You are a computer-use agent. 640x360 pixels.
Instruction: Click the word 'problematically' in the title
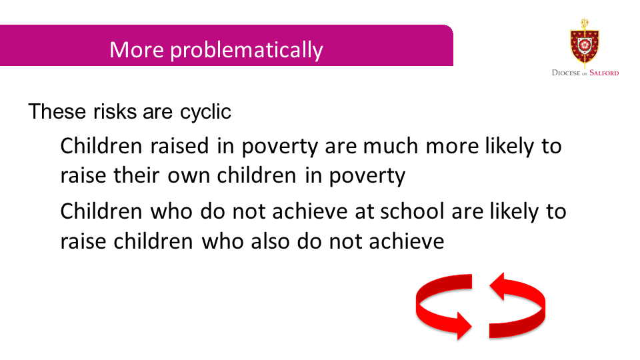pyautogui.click(x=247, y=51)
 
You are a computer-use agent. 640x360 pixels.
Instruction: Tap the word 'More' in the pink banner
pyautogui.click(x=136, y=49)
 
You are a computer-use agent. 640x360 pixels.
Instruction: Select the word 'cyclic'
pyautogui.click(x=206, y=112)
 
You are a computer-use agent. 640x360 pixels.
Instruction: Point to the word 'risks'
pyautogui.click(x=115, y=111)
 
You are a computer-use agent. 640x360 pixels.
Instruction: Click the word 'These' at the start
pyautogui.click(x=57, y=111)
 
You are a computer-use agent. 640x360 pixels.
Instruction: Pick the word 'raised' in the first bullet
pyautogui.click(x=179, y=146)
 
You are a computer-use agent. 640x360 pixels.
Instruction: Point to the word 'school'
pyautogui.click(x=412, y=211)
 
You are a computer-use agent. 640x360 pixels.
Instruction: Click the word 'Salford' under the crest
pyautogui.click(x=604, y=73)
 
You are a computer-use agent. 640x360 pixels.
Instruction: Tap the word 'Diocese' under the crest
pyautogui.click(x=566, y=73)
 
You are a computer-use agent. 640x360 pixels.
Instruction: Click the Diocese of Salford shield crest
pyautogui.click(x=585, y=43)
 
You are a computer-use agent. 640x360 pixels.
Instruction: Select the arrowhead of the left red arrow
pyautogui.click(x=464, y=325)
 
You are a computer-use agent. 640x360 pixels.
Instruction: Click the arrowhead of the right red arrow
pyautogui.click(x=497, y=286)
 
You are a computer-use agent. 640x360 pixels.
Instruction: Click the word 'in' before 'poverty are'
pyautogui.click(x=225, y=146)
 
